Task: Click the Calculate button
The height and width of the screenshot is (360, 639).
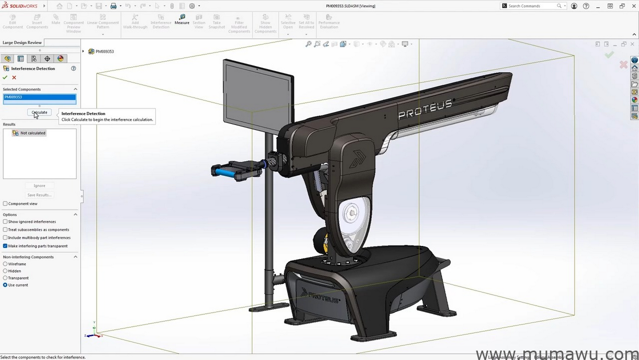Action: pos(39,113)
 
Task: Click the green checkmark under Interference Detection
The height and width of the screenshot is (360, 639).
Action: pos(5,77)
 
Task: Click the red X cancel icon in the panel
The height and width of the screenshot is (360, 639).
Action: pos(14,77)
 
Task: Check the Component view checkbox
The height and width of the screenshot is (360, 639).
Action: pos(5,204)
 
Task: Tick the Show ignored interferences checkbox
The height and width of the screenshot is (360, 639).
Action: pos(5,222)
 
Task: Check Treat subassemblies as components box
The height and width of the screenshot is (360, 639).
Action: pos(5,230)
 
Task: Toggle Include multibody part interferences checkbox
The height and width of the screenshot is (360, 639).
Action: pos(5,238)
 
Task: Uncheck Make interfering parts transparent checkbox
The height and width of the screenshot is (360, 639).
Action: pos(5,246)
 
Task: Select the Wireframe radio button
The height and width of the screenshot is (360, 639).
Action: pos(5,264)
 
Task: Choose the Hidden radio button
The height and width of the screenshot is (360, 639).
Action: pos(5,271)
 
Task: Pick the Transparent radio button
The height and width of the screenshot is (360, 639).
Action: pos(5,278)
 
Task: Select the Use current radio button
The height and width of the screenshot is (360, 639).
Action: pos(5,285)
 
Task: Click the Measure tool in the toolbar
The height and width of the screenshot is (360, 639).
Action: pos(182,19)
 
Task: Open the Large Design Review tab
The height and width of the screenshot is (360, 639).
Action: pos(22,43)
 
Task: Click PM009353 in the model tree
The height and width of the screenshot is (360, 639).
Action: pos(105,52)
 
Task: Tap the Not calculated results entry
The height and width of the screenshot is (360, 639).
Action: pos(32,133)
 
